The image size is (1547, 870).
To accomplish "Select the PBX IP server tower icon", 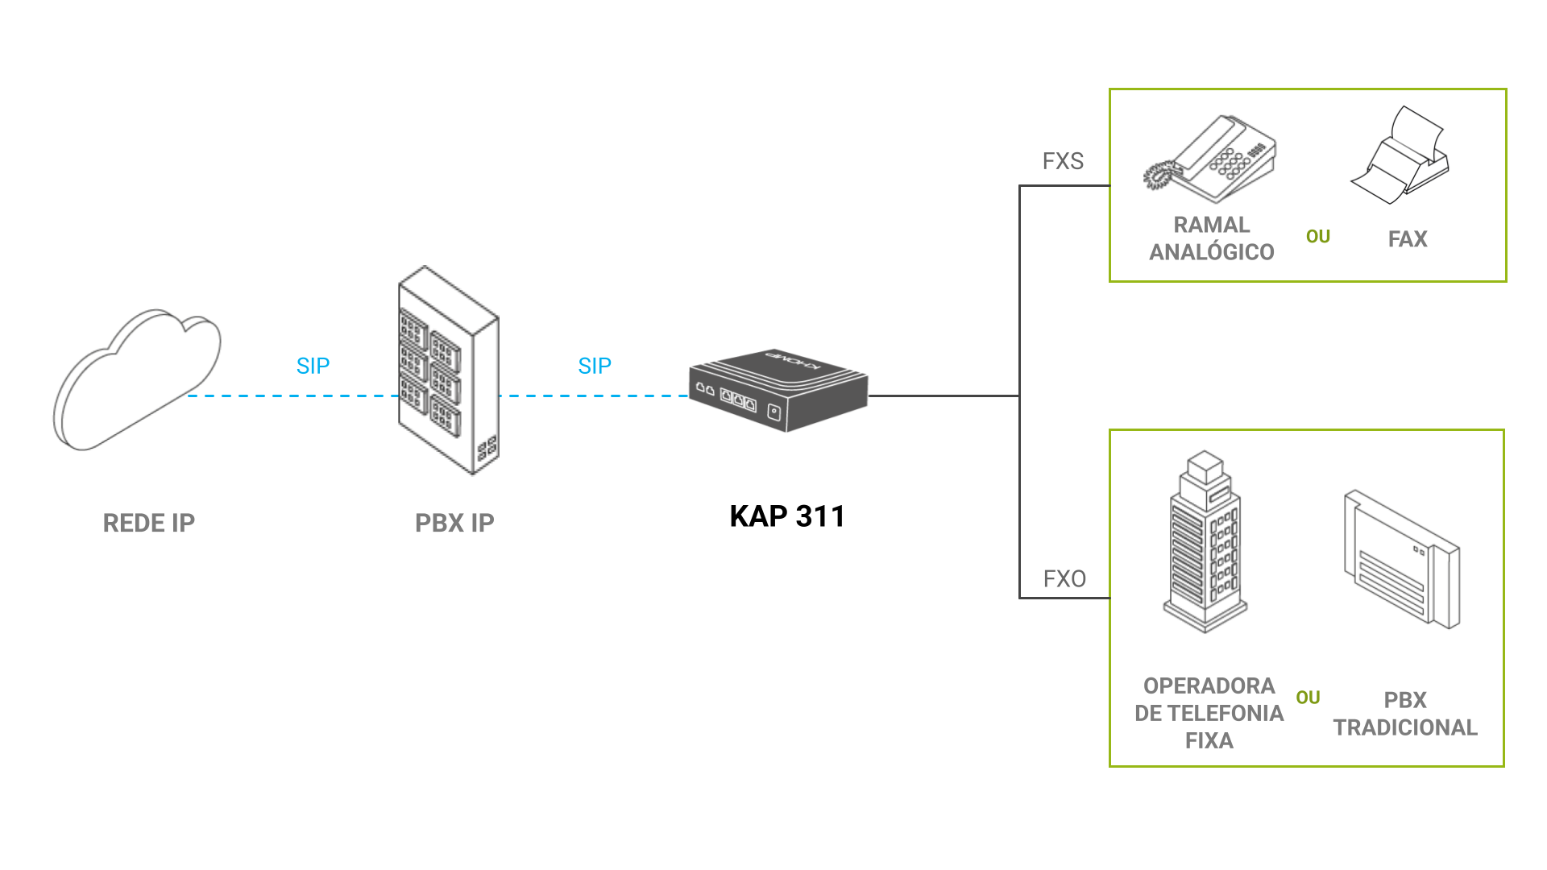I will click(x=448, y=371).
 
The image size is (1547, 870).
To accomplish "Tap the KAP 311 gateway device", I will click(x=778, y=391).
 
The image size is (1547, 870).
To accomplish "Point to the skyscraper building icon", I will click(x=1205, y=541).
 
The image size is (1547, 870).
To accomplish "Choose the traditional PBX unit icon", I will click(x=1402, y=559).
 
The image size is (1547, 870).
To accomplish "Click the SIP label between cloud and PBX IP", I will click(x=313, y=366).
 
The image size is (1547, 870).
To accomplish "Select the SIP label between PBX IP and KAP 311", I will click(x=595, y=366).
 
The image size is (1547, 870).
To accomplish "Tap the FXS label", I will click(x=1063, y=161).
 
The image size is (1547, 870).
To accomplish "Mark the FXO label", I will click(x=1064, y=578).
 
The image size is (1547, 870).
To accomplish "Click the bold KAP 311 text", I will click(x=787, y=516).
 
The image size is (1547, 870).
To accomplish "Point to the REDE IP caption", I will click(x=149, y=523).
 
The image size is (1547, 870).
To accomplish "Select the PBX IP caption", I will click(x=454, y=523).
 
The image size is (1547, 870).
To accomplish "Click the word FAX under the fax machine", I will click(x=1408, y=239).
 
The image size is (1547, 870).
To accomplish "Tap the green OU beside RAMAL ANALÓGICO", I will click(x=1318, y=237).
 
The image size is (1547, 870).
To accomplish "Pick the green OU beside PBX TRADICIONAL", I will click(x=1308, y=698).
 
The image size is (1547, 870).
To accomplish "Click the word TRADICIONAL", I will click(x=1405, y=727).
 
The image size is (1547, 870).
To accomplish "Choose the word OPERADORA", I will click(x=1209, y=686).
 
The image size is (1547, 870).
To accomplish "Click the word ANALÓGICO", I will click(x=1212, y=252).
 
